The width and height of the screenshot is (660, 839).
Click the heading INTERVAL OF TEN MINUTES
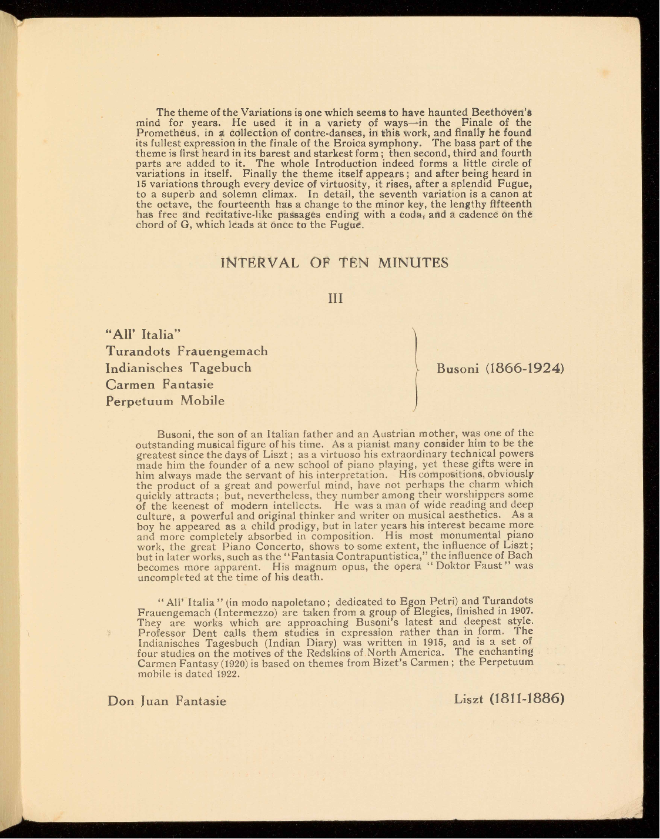[334, 262]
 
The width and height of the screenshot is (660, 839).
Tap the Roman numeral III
[335, 298]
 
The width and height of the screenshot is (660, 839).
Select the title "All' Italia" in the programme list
[141, 335]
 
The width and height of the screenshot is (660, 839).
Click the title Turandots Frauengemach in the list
[187, 351]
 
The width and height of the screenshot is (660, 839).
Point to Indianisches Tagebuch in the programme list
[179, 367]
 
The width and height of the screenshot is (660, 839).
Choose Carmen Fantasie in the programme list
[160, 385]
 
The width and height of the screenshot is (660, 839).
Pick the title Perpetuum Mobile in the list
[165, 401]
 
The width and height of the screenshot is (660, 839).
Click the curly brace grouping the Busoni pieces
[416, 368]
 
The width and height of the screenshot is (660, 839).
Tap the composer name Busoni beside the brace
[457, 369]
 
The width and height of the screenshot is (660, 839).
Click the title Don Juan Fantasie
[167, 701]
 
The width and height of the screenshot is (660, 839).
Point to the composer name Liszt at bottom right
[468, 699]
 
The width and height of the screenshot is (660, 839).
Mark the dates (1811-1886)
[527, 699]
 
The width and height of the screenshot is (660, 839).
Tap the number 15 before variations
[142, 184]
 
